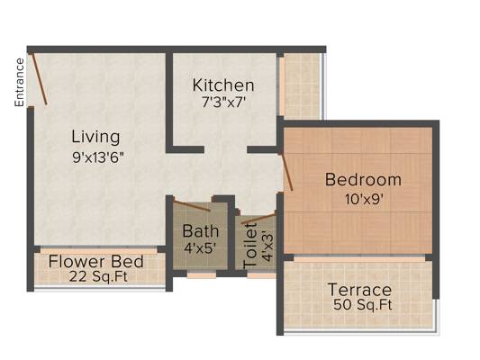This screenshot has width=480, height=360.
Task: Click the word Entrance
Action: [x=19, y=83]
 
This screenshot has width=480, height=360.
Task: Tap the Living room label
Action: [x=95, y=137]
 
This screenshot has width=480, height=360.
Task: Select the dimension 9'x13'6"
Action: [x=98, y=157]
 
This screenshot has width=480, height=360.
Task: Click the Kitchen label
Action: [x=223, y=85]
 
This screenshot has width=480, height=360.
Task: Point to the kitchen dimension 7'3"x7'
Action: [x=223, y=103]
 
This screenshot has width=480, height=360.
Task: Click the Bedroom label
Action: [x=363, y=179]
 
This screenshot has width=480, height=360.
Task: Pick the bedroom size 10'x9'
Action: [x=365, y=200]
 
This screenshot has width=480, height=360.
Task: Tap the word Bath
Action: [x=201, y=231]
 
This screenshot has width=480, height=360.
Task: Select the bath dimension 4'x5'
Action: [x=201, y=247]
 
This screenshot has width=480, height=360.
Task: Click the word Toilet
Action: [x=250, y=247]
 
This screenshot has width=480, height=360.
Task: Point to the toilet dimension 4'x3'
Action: [x=267, y=247]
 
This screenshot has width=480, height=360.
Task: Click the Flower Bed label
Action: [x=95, y=262]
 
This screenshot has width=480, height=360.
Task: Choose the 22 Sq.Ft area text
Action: [x=98, y=276]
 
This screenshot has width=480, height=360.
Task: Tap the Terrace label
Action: [x=359, y=290]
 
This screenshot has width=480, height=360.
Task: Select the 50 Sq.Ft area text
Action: [x=362, y=304]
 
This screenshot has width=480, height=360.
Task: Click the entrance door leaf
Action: [x=40, y=79]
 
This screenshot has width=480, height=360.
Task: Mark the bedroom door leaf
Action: [x=287, y=172]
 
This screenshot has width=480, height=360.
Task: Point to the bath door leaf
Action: [x=192, y=205]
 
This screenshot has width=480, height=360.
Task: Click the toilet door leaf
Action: [x=258, y=219]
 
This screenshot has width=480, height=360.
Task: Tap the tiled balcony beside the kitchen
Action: [x=303, y=86]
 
